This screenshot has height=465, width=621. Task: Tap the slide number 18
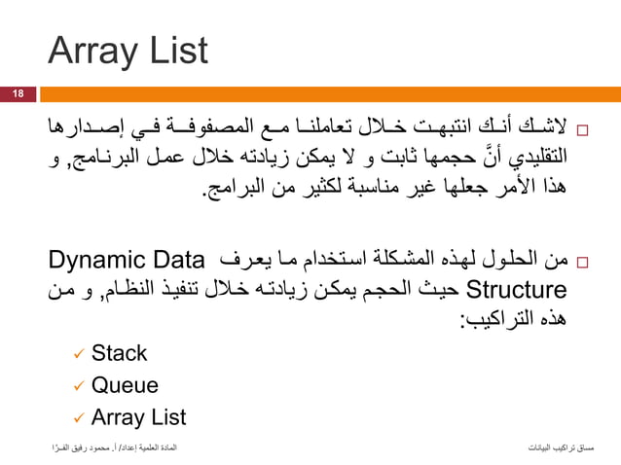18,93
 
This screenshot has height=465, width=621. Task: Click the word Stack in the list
119,353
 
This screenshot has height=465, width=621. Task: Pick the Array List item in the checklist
138,418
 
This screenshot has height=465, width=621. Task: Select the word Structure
517,290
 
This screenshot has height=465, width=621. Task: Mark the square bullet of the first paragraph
582,129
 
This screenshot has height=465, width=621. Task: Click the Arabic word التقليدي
531,156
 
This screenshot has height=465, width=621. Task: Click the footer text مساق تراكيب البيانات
559,449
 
